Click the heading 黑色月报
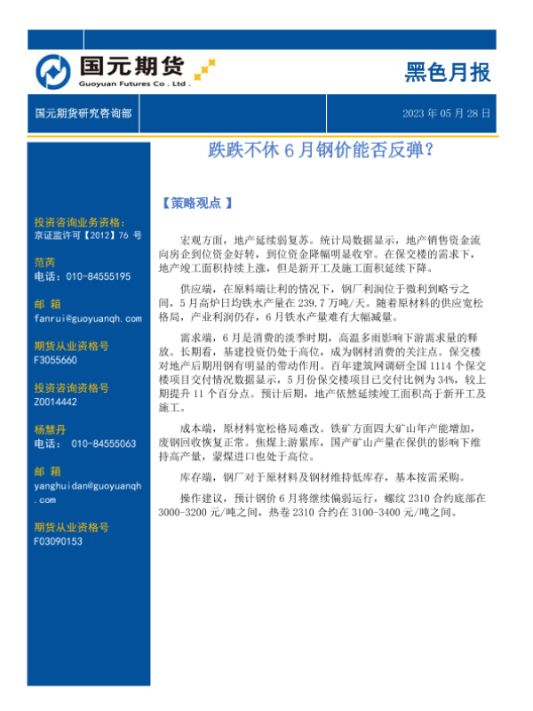[x=447, y=72]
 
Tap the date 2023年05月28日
[x=447, y=115]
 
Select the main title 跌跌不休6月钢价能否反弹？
[x=320, y=150]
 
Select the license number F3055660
[x=55, y=360]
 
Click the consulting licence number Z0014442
[x=56, y=402]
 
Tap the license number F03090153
[x=58, y=540]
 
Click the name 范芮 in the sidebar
[x=44, y=262]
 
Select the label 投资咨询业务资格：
[x=79, y=222]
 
